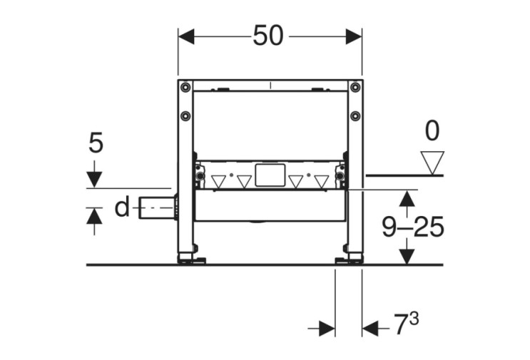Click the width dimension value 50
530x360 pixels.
(x=268, y=36)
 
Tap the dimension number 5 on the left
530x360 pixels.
(x=96, y=143)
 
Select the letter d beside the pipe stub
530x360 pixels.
(x=122, y=207)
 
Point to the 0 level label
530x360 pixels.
(x=432, y=131)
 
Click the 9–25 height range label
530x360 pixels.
(x=413, y=227)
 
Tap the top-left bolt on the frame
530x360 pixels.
(x=185, y=87)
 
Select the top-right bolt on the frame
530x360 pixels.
(x=355, y=87)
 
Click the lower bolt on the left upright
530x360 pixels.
(x=185, y=115)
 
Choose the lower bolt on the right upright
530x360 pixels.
(x=355, y=115)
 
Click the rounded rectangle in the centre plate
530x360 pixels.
(x=270, y=175)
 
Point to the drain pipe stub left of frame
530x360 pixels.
(x=158, y=207)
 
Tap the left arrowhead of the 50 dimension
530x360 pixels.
(x=186, y=36)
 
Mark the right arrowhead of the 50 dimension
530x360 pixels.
(x=354, y=36)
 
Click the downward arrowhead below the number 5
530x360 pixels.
(x=94, y=180)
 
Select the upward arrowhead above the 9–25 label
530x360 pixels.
(x=407, y=199)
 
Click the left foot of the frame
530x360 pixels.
(x=191, y=257)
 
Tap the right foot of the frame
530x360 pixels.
(x=349, y=257)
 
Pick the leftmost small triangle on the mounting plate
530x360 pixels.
(x=218, y=182)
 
